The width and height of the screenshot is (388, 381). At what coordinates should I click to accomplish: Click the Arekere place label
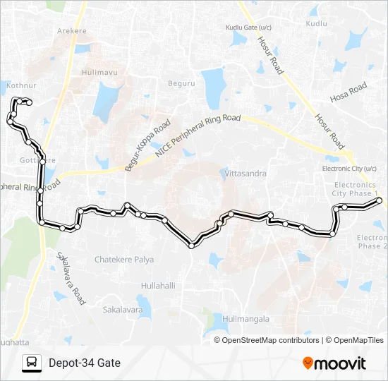[x=72, y=32]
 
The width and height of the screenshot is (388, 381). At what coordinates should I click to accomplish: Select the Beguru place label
[x=181, y=83]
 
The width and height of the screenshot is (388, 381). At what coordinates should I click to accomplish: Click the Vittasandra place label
[x=243, y=173]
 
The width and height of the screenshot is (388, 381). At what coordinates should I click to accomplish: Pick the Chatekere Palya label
[x=124, y=260]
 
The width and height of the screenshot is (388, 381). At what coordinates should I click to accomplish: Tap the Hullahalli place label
[x=158, y=286]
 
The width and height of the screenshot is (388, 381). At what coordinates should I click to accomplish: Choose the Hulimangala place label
[x=245, y=319]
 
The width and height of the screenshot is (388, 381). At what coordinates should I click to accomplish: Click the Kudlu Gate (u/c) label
[x=249, y=27]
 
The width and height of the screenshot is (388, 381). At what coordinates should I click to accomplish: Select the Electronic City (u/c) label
[x=351, y=169]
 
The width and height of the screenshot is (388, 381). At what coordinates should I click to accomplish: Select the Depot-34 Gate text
[x=85, y=363]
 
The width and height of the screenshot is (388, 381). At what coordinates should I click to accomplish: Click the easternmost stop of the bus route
[x=380, y=201]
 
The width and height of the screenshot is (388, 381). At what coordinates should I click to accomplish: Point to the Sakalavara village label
[x=123, y=309]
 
